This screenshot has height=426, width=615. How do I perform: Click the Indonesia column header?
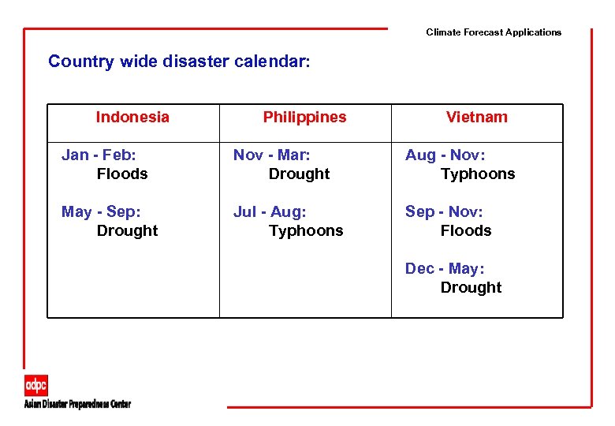click(x=132, y=117)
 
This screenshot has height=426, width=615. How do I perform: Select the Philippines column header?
click(x=304, y=117)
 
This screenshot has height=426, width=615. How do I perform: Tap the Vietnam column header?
click(x=476, y=117)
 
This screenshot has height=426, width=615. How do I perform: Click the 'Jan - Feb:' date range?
click(x=99, y=155)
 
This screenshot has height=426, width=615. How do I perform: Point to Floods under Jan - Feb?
click(x=122, y=174)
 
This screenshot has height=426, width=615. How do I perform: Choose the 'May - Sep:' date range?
click(x=101, y=211)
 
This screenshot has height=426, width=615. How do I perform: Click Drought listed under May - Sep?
click(x=127, y=230)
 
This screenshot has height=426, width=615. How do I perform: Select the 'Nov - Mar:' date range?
click(x=272, y=155)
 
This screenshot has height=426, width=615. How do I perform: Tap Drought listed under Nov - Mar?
click(x=299, y=174)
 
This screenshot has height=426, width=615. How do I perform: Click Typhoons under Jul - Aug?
click(x=306, y=230)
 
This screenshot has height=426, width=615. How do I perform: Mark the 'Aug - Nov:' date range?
click(x=445, y=155)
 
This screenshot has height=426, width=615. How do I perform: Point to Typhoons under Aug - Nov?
click(x=478, y=174)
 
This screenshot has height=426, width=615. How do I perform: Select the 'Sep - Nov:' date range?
click(x=444, y=211)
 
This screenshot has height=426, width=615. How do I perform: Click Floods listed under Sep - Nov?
click(x=466, y=230)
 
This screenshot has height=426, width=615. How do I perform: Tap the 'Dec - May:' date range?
click(x=445, y=268)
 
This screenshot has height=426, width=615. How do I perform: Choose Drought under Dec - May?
click(x=471, y=287)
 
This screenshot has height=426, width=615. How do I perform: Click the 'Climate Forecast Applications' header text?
click(x=494, y=32)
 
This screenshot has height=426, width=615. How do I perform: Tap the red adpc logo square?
click(x=36, y=385)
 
